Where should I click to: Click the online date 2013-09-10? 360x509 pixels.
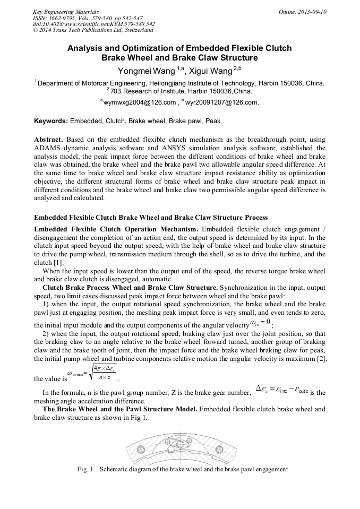(313, 12)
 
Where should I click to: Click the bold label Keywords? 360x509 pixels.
(51, 121)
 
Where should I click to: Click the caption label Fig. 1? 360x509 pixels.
(85, 469)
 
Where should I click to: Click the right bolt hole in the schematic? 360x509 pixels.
(220, 450)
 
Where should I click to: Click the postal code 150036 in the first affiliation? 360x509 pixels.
(292, 83)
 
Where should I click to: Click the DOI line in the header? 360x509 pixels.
(94, 24)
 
